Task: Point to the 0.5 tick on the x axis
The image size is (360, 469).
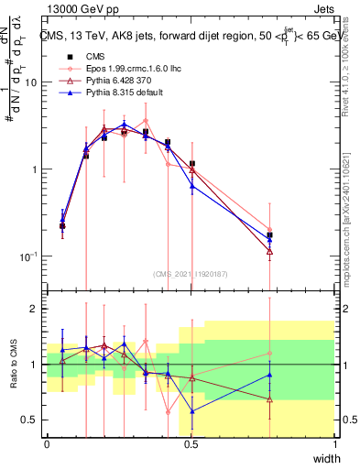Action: pyautogui.click(x=191, y=443)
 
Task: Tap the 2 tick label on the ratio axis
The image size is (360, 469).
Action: pyautogui.click(x=34, y=309)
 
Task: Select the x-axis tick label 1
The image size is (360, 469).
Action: pyautogui.click(x=335, y=443)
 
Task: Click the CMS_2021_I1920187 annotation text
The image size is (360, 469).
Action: pyautogui.click(x=190, y=273)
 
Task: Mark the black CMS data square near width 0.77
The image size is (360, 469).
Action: pyautogui.click(x=269, y=235)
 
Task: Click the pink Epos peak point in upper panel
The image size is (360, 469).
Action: pyautogui.click(x=146, y=121)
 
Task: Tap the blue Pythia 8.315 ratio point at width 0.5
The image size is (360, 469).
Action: pyautogui.click(x=191, y=410)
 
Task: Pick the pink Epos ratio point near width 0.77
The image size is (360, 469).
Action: pyautogui.click(x=269, y=353)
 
